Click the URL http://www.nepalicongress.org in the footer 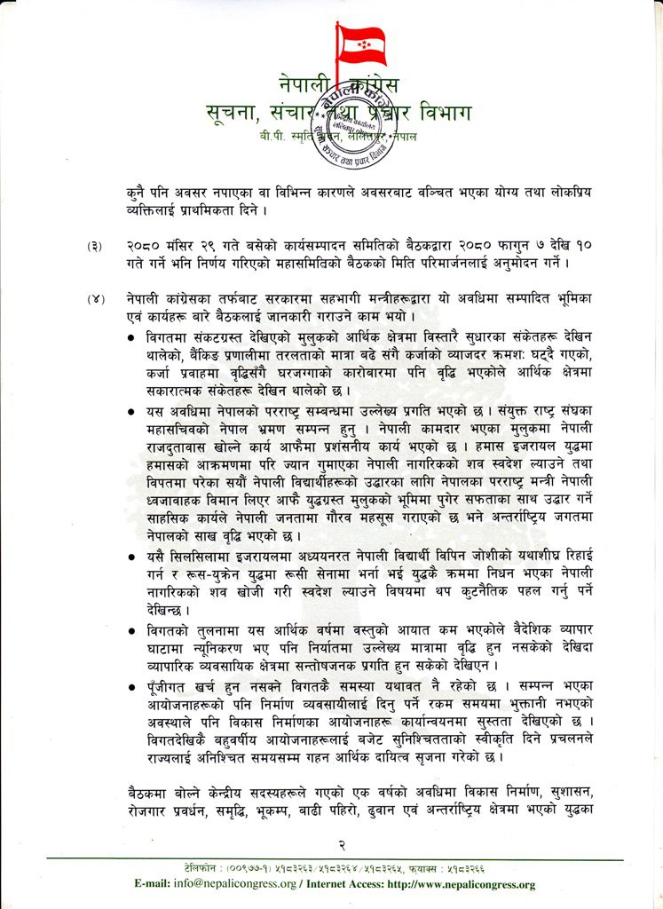click(463, 884)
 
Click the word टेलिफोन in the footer click(197, 866)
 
